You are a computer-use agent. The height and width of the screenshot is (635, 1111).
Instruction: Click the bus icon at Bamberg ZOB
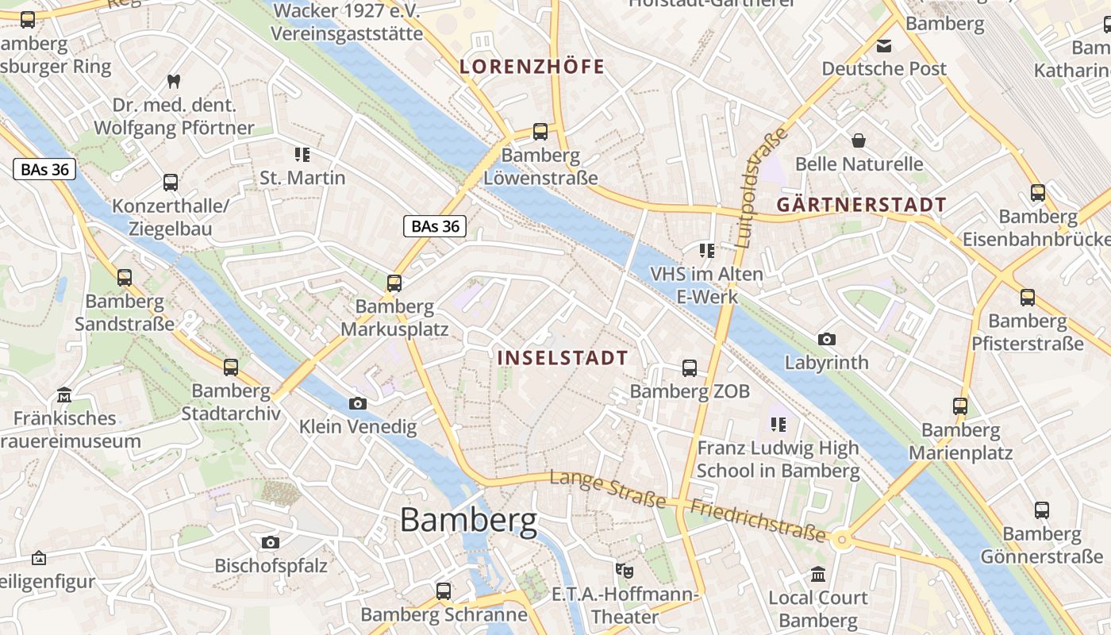pyautogui.click(x=690, y=368)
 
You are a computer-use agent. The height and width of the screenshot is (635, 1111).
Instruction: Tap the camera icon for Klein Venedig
pyautogui.click(x=358, y=403)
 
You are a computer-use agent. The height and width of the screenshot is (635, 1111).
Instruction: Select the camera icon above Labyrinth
pyautogui.click(x=827, y=339)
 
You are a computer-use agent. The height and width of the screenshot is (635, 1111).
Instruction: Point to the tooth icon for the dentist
pyautogui.click(x=173, y=81)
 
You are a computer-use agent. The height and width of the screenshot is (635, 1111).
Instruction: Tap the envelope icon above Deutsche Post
pyautogui.click(x=883, y=46)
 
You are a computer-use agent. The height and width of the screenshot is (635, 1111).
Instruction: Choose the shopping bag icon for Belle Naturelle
pyautogui.click(x=858, y=141)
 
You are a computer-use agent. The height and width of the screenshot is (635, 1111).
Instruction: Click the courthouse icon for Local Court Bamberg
pyautogui.click(x=818, y=574)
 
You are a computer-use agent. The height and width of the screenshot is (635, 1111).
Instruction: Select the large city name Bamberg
pyautogui.click(x=468, y=521)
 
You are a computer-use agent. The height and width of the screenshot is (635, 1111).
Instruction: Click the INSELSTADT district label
pyautogui.click(x=563, y=358)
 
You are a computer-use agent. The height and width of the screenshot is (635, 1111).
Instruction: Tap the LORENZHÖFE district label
pyautogui.click(x=532, y=67)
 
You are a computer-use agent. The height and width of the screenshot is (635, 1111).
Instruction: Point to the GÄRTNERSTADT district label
pyautogui.click(x=861, y=205)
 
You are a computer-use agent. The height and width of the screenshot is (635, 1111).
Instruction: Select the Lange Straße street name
pyautogui.click(x=608, y=488)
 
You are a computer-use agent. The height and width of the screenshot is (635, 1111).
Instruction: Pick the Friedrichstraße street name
pyautogui.click(x=758, y=521)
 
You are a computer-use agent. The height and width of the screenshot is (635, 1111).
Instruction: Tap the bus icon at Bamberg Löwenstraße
pyautogui.click(x=540, y=131)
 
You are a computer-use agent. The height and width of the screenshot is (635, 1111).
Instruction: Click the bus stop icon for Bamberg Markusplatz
pyautogui.click(x=394, y=283)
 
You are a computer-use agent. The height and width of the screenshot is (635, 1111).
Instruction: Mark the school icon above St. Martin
pyautogui.click(x=302, y=154)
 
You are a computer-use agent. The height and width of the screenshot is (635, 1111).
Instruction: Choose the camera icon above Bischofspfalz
pyautogui.click(x=271, y=543)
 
